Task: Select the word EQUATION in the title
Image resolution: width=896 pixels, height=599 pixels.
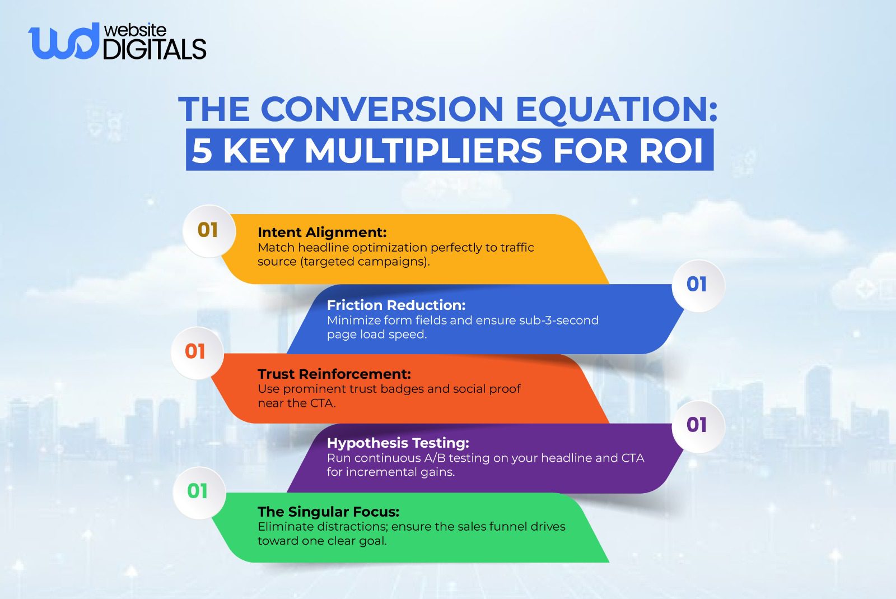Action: [x=616, y=109]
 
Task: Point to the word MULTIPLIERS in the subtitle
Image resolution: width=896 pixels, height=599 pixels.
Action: [x=423, y=151]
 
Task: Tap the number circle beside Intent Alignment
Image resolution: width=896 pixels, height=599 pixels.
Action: [x=208, y=230]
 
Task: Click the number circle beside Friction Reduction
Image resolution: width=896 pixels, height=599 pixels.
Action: [x=697, y=284]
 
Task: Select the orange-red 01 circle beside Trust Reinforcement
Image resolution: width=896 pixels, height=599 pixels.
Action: [x=195, y=352]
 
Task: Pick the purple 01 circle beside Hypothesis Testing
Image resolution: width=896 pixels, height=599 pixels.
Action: [x=697, y=425]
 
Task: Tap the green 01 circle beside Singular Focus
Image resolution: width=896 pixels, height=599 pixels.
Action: [x=198, y=491]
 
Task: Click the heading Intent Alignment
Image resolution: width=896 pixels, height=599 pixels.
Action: [x=322, y=233]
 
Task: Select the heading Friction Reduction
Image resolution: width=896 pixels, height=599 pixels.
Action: [x=396, y=305]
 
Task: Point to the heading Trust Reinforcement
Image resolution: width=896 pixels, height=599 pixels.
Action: [x=334, y=374]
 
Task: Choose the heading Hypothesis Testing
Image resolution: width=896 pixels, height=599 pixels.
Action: [x=398, y=443]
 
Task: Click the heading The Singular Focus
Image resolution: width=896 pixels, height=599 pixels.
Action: [x=328, y=512]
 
